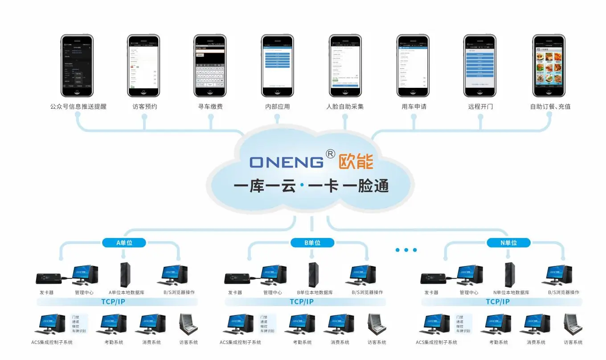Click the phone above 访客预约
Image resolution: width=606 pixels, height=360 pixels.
click(143, 66)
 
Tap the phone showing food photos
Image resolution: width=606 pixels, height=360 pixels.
click(549, 66)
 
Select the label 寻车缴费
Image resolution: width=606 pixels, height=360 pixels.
click(210, 107)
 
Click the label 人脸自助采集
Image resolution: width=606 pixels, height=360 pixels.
click(345, 107)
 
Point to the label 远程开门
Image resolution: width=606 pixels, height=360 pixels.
click(480, 107)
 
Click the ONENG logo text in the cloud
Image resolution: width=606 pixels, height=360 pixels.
click(287, 162)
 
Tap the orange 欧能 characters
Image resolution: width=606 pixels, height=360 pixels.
click(356, 162)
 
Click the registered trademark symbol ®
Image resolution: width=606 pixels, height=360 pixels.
click(331, 154)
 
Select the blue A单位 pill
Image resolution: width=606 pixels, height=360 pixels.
click(124, 243)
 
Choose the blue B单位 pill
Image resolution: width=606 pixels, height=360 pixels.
click(312, 243)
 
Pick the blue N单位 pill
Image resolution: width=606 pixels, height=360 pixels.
click(508, 243)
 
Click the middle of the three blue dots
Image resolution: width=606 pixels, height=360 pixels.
click(406, 250)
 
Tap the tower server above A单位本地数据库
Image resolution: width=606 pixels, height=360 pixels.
click(125, 274)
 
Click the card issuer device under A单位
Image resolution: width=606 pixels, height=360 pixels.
click(49, 278)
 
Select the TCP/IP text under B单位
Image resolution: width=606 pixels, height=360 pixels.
click(302, 302)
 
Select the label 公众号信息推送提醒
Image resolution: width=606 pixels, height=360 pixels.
click(78, 107)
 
